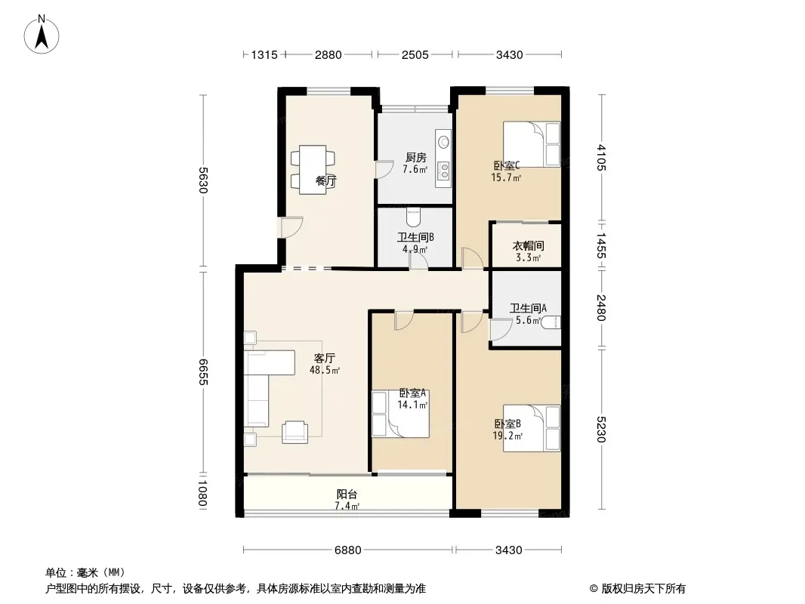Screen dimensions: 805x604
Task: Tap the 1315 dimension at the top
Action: point(264,54)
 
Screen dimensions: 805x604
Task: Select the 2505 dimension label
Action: point(415,54)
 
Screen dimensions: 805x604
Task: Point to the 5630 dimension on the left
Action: point(203,180)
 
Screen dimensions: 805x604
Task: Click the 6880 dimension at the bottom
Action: point(348,550)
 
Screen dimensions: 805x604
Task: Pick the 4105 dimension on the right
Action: point(601,158)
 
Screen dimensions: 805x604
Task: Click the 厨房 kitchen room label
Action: point(415,158)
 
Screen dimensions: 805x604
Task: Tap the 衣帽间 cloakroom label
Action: point(529,246)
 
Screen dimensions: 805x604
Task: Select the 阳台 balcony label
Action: point(347,495)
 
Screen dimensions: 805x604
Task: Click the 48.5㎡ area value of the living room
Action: point(325,370)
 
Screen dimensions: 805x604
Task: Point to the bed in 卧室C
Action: point(532,144)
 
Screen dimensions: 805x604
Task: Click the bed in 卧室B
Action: point(532,429)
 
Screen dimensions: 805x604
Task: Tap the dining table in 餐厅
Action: point(313,170)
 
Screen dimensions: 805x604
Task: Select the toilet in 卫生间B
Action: point(413,217)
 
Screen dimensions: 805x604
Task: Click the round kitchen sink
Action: point(443,141)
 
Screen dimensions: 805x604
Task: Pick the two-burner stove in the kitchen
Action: point(443,171)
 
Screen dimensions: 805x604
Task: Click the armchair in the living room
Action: point(295,432)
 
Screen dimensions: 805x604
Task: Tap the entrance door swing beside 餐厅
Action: point(291,227)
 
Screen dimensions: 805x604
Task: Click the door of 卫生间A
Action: point(501,329)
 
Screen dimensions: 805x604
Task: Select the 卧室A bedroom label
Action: point(413,393)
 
